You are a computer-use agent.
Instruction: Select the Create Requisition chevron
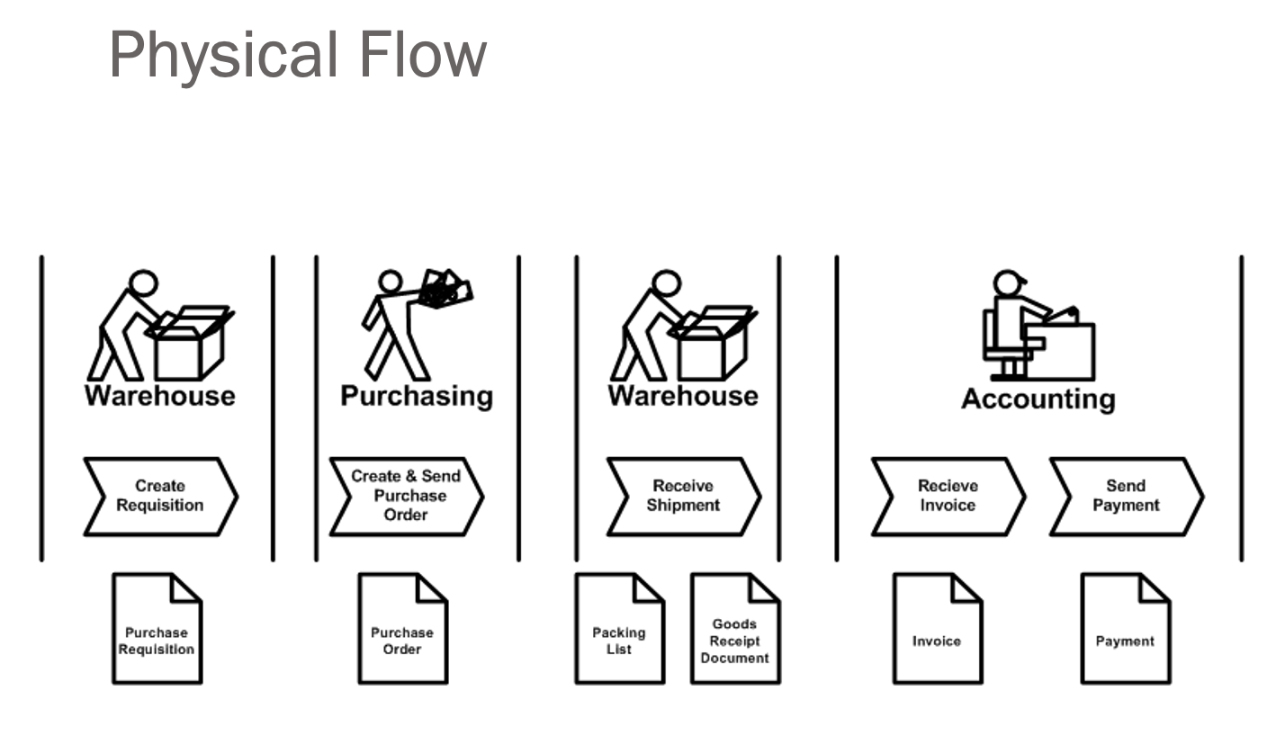tap(159, 497)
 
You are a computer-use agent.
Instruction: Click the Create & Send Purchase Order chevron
tap(405, 496)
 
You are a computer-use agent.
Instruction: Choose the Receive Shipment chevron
tap(683, 497)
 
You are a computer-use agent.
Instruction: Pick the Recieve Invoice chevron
tap(947, 497)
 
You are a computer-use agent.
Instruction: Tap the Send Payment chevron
tap(1125, 497)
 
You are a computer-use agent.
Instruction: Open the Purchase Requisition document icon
tap(157, 629)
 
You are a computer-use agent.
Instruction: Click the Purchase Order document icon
tap(402, 629)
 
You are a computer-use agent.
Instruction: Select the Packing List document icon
tap(620, 629)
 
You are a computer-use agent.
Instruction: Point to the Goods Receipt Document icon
tap(734, 629)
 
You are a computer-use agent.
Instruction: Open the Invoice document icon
tap(937, 629)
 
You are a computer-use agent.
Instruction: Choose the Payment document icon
tap(1125, 629)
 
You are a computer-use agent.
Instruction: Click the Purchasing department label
tap(417, 396)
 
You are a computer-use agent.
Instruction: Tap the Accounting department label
tap(1038, 399)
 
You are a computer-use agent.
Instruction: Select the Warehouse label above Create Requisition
tap(159, 396)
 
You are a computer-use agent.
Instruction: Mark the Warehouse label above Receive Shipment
tap(683, 396)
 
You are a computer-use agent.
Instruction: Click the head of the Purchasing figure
tap(391, 282)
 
